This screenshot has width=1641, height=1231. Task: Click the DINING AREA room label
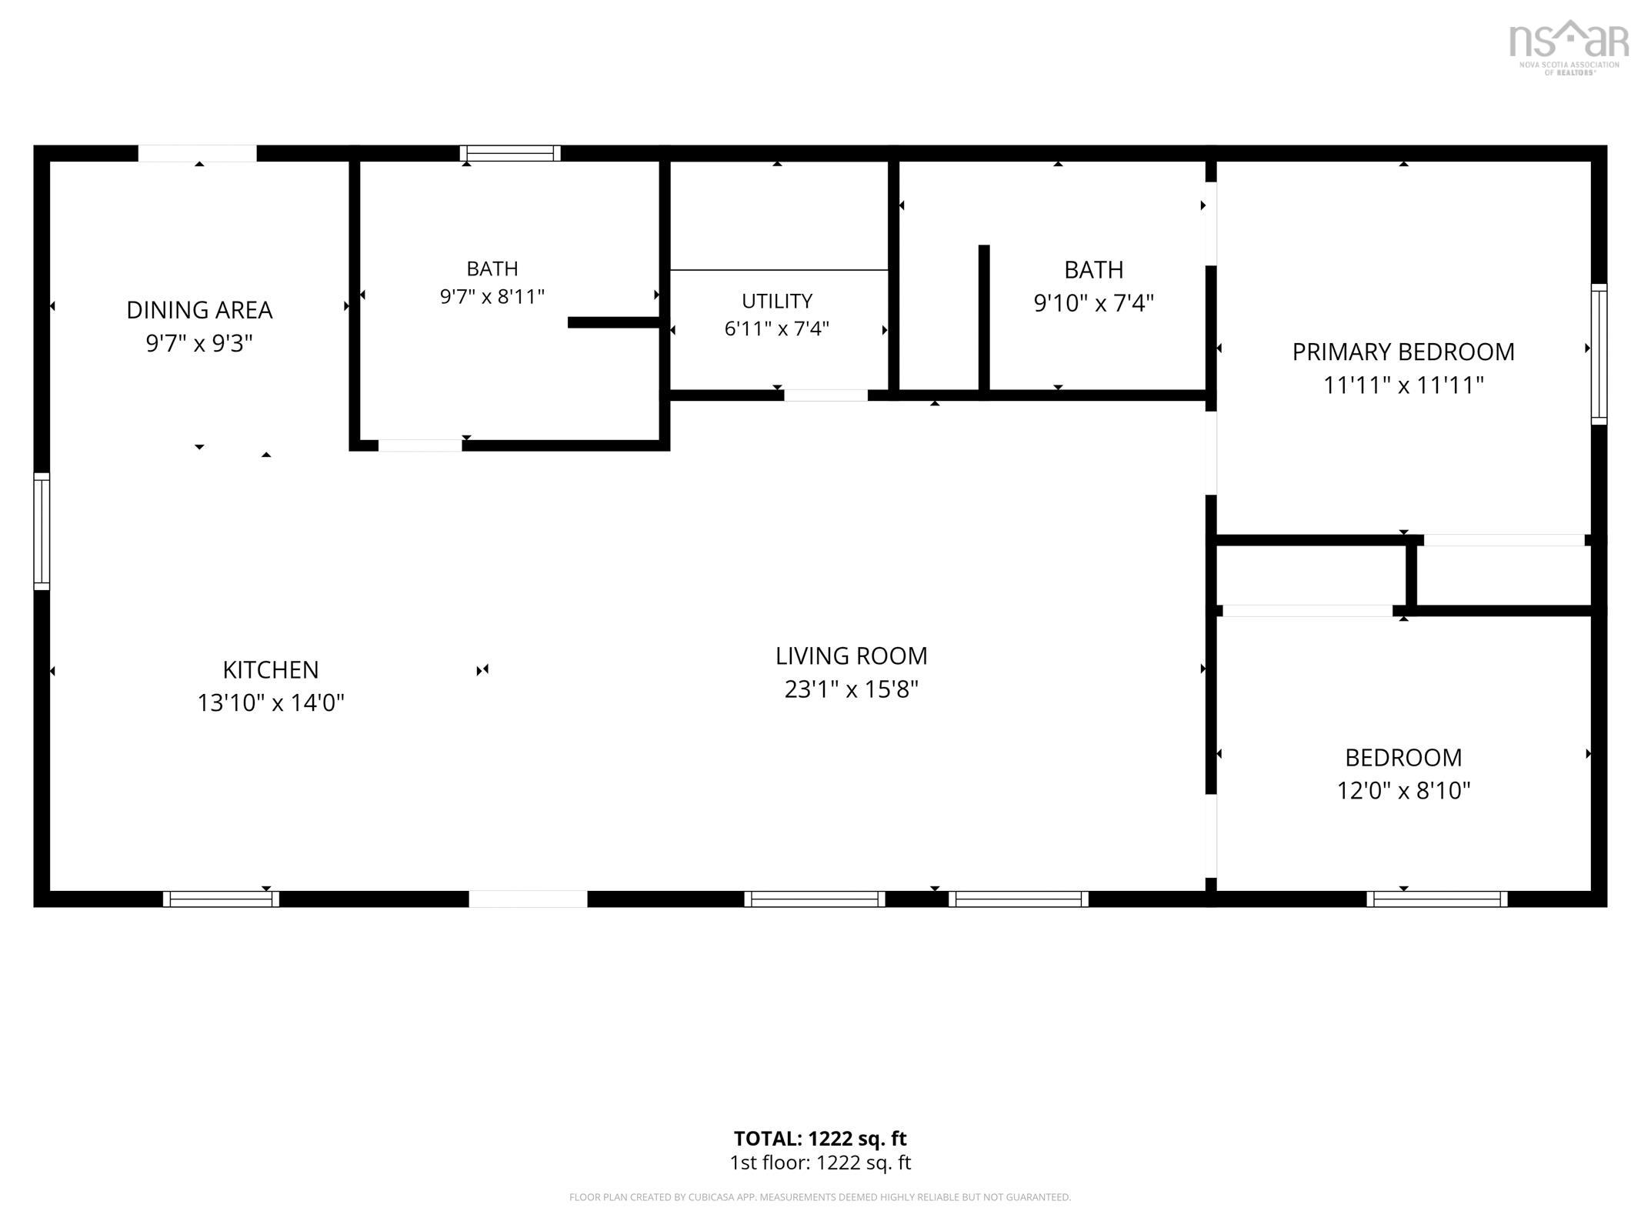click(199, 310)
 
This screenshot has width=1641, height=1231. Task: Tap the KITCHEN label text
click(271, 670)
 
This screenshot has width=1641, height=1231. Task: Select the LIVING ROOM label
click(851, 656)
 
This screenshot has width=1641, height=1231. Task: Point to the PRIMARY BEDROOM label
click(1403, 352)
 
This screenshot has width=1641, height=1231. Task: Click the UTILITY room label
click(777, 301)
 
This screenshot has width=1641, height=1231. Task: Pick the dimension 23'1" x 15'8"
click(851, 689)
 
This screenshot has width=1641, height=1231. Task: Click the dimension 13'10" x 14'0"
click(271, 703)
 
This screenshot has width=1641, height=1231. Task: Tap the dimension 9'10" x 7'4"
click(1093, 303)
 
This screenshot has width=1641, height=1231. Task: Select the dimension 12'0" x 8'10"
click(1403, 791)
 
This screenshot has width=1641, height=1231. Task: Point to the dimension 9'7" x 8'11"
click(492, 297)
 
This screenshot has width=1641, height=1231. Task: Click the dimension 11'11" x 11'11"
click(1403, 385)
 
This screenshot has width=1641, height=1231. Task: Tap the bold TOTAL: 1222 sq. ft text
click(820, 1139)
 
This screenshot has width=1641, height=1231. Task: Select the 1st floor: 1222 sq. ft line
click(820, 1163)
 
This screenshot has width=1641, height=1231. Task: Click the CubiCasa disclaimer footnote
click(820, 1197)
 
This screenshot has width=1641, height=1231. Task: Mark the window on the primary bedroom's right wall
click(1599, 354)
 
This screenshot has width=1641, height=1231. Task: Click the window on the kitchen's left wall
click(42, 532)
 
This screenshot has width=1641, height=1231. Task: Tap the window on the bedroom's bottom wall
click(1437, 899)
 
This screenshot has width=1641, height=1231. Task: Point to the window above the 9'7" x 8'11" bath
click(510, 153)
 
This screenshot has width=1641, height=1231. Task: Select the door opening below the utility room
click(826, 395)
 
